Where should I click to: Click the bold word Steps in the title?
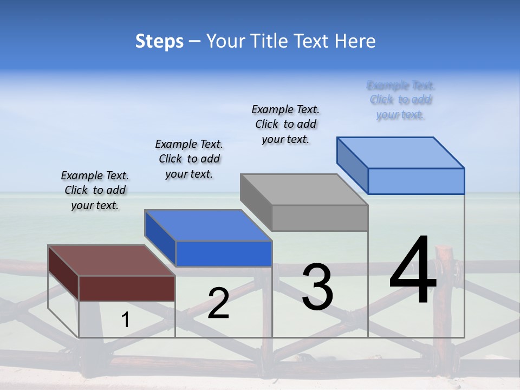(x=159, y=41)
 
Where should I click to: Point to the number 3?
(x=317, y=287)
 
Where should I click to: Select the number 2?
(x=218, y=303)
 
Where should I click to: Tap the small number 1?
(x=126, y=320)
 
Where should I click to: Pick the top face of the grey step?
(x=303, y=190)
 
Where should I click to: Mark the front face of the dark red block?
(x=127, y=288)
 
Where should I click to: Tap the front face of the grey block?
(x=320, y=218)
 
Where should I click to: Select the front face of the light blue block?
(x=416, y=181)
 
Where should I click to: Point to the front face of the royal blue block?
(x=224, y=253)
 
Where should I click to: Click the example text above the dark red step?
(x=95, y=190)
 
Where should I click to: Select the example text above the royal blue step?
(x=189, y=159)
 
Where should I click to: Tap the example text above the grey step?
(x=285, y=124)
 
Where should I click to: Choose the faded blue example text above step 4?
(x=401, y=100)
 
